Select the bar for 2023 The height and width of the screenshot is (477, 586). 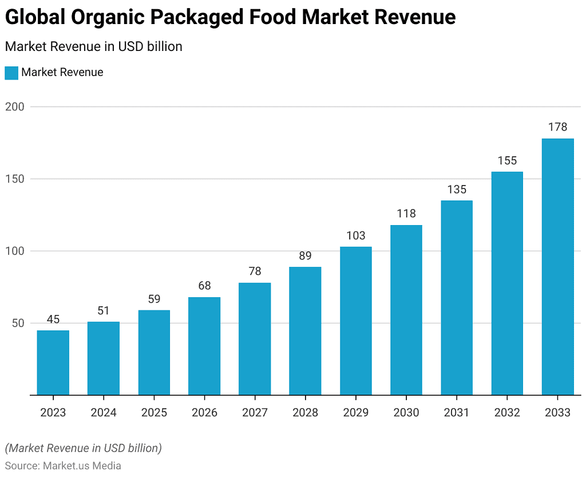(53, 362)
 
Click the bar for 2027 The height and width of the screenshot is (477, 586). (255, 338)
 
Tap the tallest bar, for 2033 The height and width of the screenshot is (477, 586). (557, 266)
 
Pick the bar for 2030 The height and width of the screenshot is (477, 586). (406, 310)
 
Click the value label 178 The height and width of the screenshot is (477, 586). (557, 127)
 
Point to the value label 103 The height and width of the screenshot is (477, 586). (355, 235)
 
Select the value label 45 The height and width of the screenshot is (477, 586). (53, 319)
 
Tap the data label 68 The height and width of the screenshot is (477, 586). (204, 286)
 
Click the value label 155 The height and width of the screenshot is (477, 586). (507, 160)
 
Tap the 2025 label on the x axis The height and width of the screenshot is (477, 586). (154, 412)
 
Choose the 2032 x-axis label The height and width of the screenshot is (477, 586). (507, 412)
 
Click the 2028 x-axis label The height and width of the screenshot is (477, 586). (305, 412)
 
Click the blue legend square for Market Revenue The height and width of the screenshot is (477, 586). (11, 73)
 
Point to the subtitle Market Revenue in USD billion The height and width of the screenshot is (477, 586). (93, 47)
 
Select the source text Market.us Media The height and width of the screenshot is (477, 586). (82, 466)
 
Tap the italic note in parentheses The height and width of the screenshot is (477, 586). (83, 448)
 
